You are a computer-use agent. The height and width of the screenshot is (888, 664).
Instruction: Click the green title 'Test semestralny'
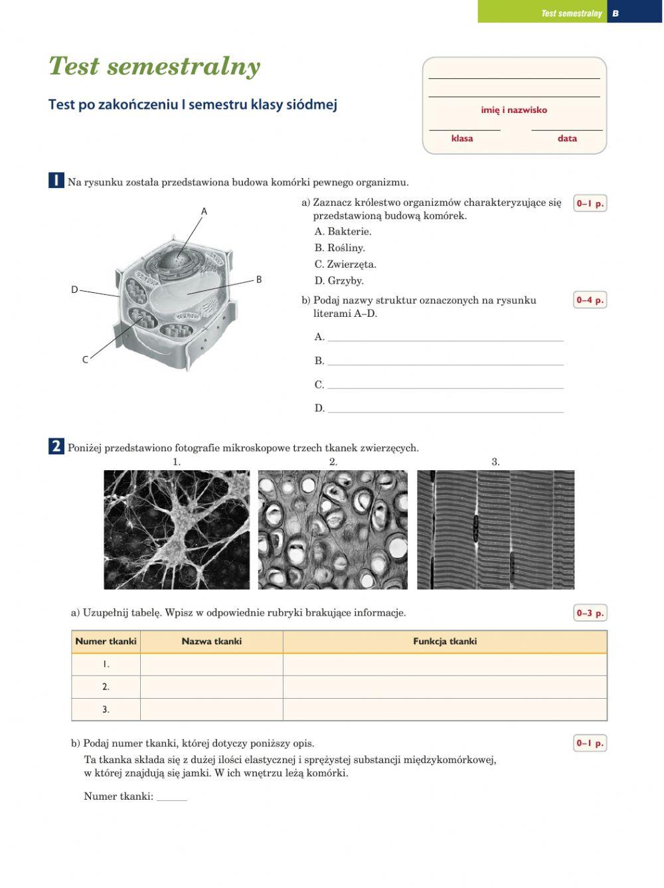click(154, 66)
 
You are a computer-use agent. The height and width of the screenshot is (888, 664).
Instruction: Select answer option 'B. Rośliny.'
click(339, 248)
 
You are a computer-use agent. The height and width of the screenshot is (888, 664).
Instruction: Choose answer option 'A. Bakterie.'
click(343, 232)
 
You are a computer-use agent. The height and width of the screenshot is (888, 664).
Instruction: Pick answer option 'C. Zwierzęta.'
click(345, 264)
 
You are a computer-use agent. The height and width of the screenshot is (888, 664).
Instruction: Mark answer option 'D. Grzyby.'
click(339, 281)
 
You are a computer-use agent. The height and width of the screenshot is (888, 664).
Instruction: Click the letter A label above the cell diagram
click(204, 211)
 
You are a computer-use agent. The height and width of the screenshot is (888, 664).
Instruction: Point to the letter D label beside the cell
click(74, 290)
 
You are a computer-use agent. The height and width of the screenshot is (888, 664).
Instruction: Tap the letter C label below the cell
click(85, 360)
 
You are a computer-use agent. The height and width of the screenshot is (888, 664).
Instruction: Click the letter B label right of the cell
click(259, 280)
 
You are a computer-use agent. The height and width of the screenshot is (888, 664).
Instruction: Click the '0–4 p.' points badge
click(590, 300)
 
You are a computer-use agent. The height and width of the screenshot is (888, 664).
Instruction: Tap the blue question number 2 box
click(56, 446)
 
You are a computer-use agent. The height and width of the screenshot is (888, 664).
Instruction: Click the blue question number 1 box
click(56, 181)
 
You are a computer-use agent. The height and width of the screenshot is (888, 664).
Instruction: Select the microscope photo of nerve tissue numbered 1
click(177, 529)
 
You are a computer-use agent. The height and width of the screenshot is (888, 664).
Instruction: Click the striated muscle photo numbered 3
click(495, 529)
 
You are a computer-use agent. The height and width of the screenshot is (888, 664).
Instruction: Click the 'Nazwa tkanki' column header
click(211, 642)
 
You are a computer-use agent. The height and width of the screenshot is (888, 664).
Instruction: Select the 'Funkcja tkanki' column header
click(444, 642)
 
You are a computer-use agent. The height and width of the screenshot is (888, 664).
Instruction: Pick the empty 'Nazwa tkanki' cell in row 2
click(211, 687)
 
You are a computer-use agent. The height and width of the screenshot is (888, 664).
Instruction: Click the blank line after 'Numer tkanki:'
click(171, 797)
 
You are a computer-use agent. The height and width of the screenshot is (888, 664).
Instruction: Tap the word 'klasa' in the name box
click(462, 139)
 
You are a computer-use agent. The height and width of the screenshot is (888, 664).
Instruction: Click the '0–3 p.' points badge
click(590, 613)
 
